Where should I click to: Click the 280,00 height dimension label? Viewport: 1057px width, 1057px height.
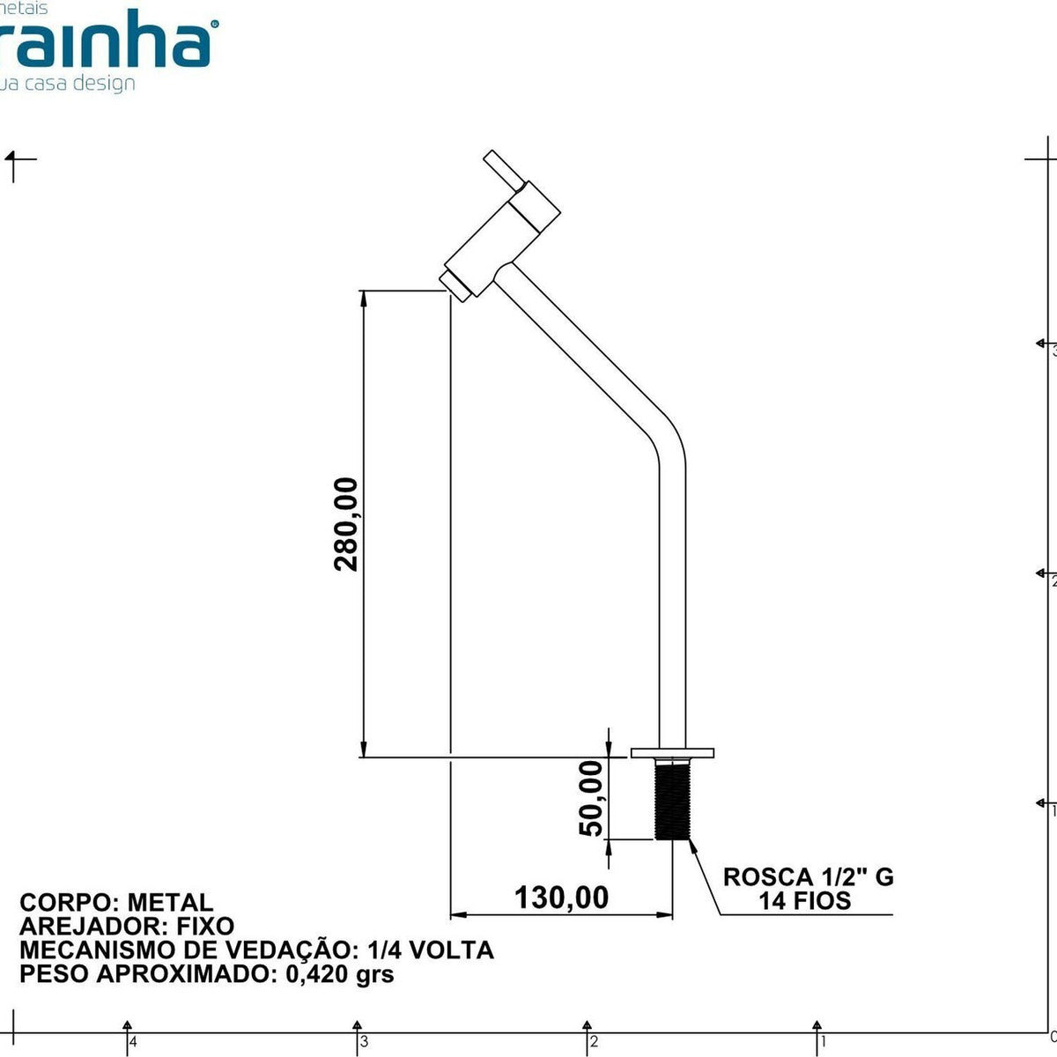coord(346,524)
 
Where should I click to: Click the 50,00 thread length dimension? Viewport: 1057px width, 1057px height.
coord(591,798)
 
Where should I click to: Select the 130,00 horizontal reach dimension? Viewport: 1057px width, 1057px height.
coord(561,897)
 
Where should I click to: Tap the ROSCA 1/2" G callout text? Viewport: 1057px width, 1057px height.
coord(808,876)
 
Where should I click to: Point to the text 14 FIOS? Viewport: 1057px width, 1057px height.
coord(805,900)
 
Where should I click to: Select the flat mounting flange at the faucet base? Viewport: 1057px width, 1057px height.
coord(672,752)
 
